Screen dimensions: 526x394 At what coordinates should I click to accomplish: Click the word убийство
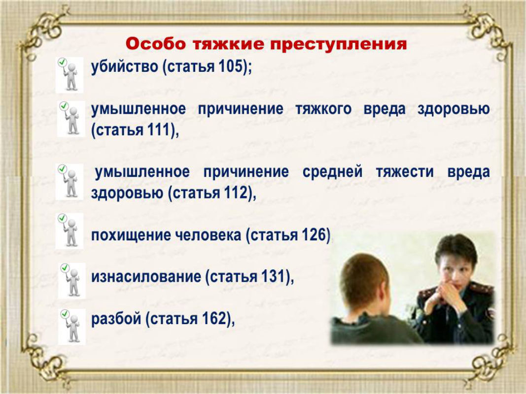124,66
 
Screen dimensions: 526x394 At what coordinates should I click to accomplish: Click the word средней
332,172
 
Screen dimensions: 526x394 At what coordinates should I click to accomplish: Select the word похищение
131,235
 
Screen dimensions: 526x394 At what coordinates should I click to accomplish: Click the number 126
314,235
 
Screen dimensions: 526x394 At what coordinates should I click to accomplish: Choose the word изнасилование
145,277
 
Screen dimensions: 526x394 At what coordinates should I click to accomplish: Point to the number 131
273,277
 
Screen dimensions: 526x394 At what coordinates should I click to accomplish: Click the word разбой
116,319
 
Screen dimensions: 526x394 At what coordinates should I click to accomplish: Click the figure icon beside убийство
70,75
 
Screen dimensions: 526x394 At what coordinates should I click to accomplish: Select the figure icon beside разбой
72,327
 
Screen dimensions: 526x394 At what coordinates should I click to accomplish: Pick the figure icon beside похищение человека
70,231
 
